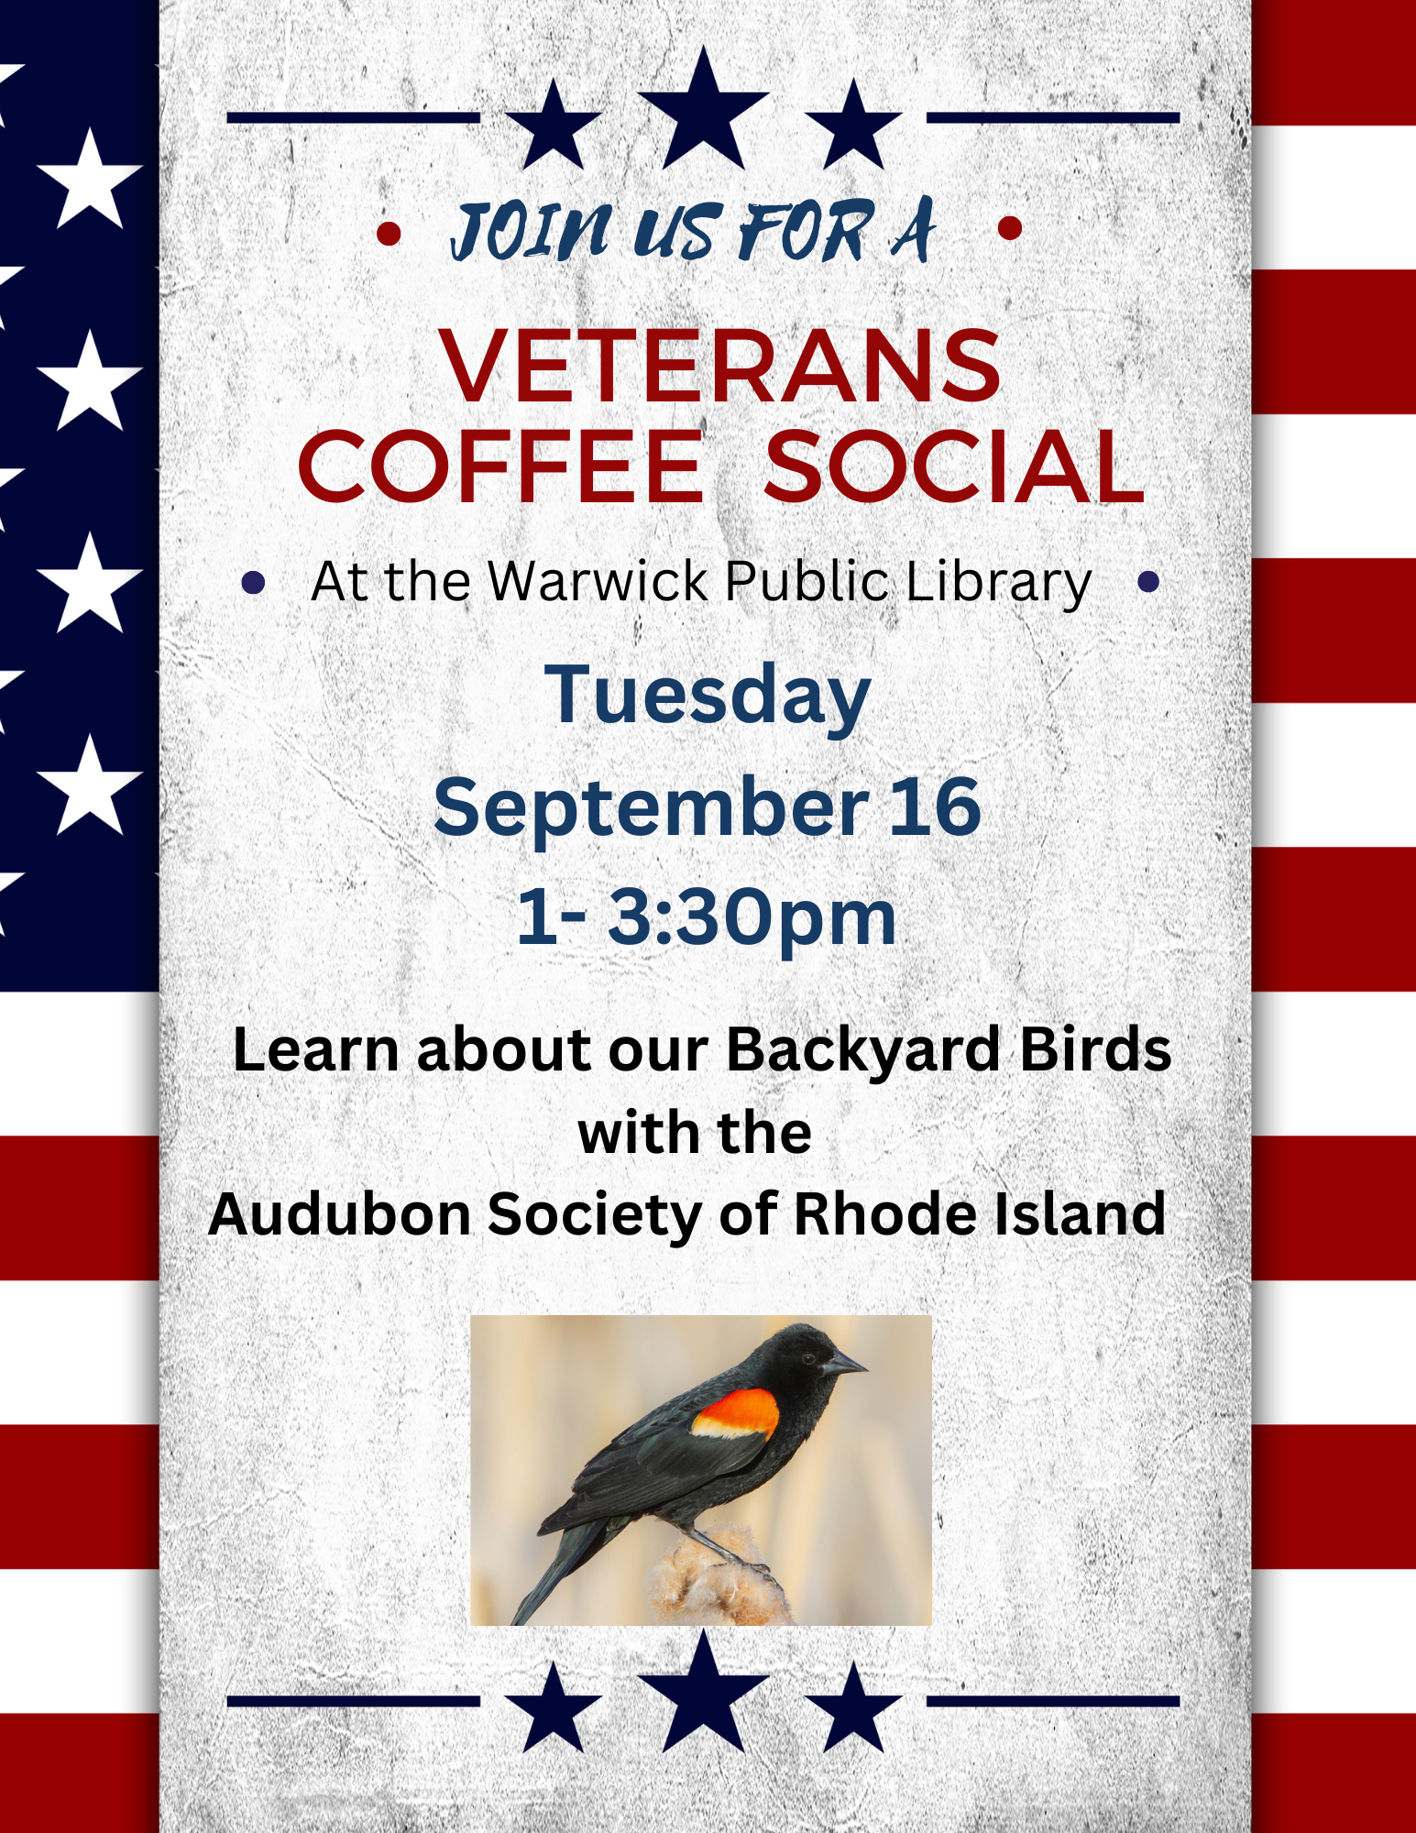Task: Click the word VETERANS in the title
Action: [721, 366]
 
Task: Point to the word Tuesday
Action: [708, 695]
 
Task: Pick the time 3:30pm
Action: [752, 916]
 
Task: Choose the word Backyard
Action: [862, 1049]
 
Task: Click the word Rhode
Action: [877, 1213]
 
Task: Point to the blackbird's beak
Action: [844, 1365]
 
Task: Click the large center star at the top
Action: [703, 111]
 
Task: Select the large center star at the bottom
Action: [703, 1693]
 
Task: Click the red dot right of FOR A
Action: [1010, 228]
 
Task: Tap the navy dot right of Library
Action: [1148, 581]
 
